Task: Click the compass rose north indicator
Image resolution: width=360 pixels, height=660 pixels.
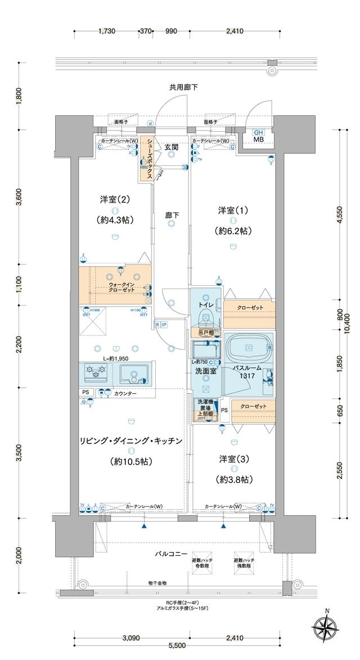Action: pyautogui.click(x=326, y=624)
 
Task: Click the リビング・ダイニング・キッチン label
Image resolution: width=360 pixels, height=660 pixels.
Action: pyautogui.click(x=131, y=442)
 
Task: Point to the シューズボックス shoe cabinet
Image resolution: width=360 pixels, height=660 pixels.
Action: pyautogui.click(x=147, y=159)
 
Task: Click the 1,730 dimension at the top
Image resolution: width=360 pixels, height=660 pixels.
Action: pyautogui.click(x=106, y=32)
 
